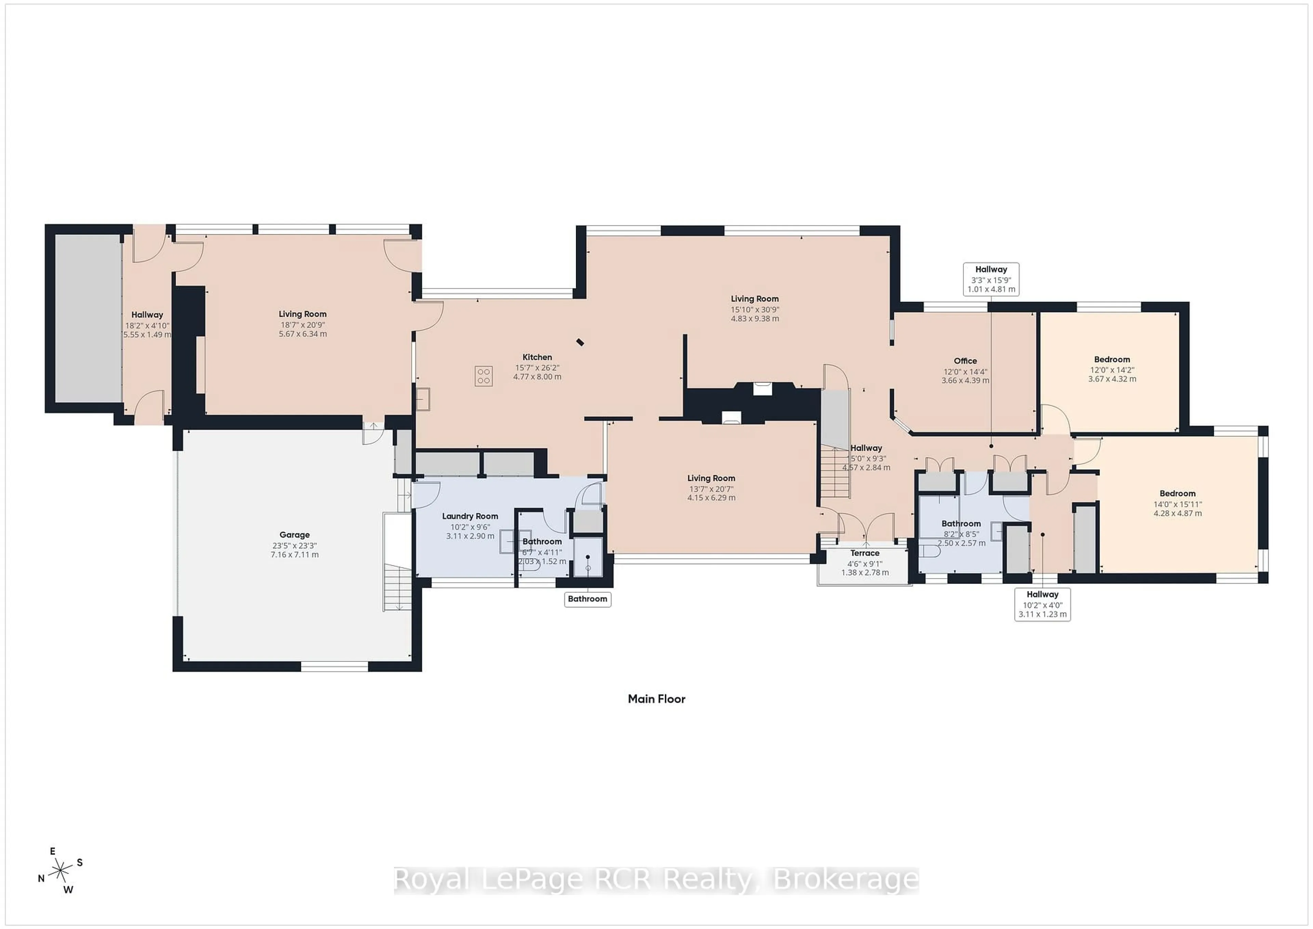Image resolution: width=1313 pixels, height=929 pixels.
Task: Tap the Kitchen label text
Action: click(x=537, y=357)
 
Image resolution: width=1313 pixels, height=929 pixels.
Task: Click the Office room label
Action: click(x=965, y=361)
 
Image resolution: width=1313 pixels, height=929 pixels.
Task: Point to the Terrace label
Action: click(x=865, y=553)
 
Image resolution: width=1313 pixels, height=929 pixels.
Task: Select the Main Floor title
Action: click(x=656, y=698)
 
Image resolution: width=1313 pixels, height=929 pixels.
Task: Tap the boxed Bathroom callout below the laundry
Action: click(x=587, y=599)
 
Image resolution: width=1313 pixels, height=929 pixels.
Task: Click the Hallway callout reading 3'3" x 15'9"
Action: click(x=991, y=279)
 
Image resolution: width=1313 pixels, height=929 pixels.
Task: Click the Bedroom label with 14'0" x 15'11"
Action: click(x=1178, y=494)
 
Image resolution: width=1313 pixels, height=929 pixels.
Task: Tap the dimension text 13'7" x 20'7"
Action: click(x=711, y=489)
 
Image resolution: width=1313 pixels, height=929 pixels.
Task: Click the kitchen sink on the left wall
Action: click(x=423, y=399)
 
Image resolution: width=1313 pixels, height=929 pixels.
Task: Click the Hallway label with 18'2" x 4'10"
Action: click(x=147, y=315)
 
